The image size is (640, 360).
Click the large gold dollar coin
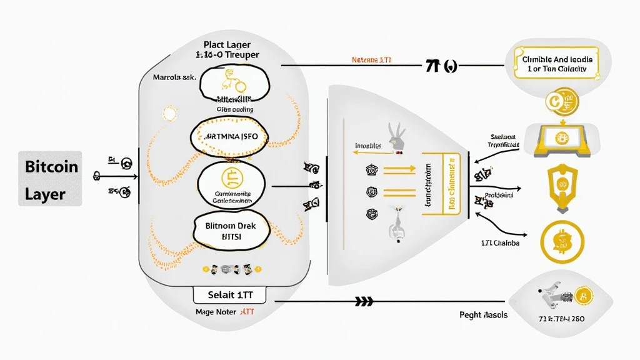tap(561, 241)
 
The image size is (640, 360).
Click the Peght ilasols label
tap(482, 315)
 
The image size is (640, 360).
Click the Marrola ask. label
tap(175, 78)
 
